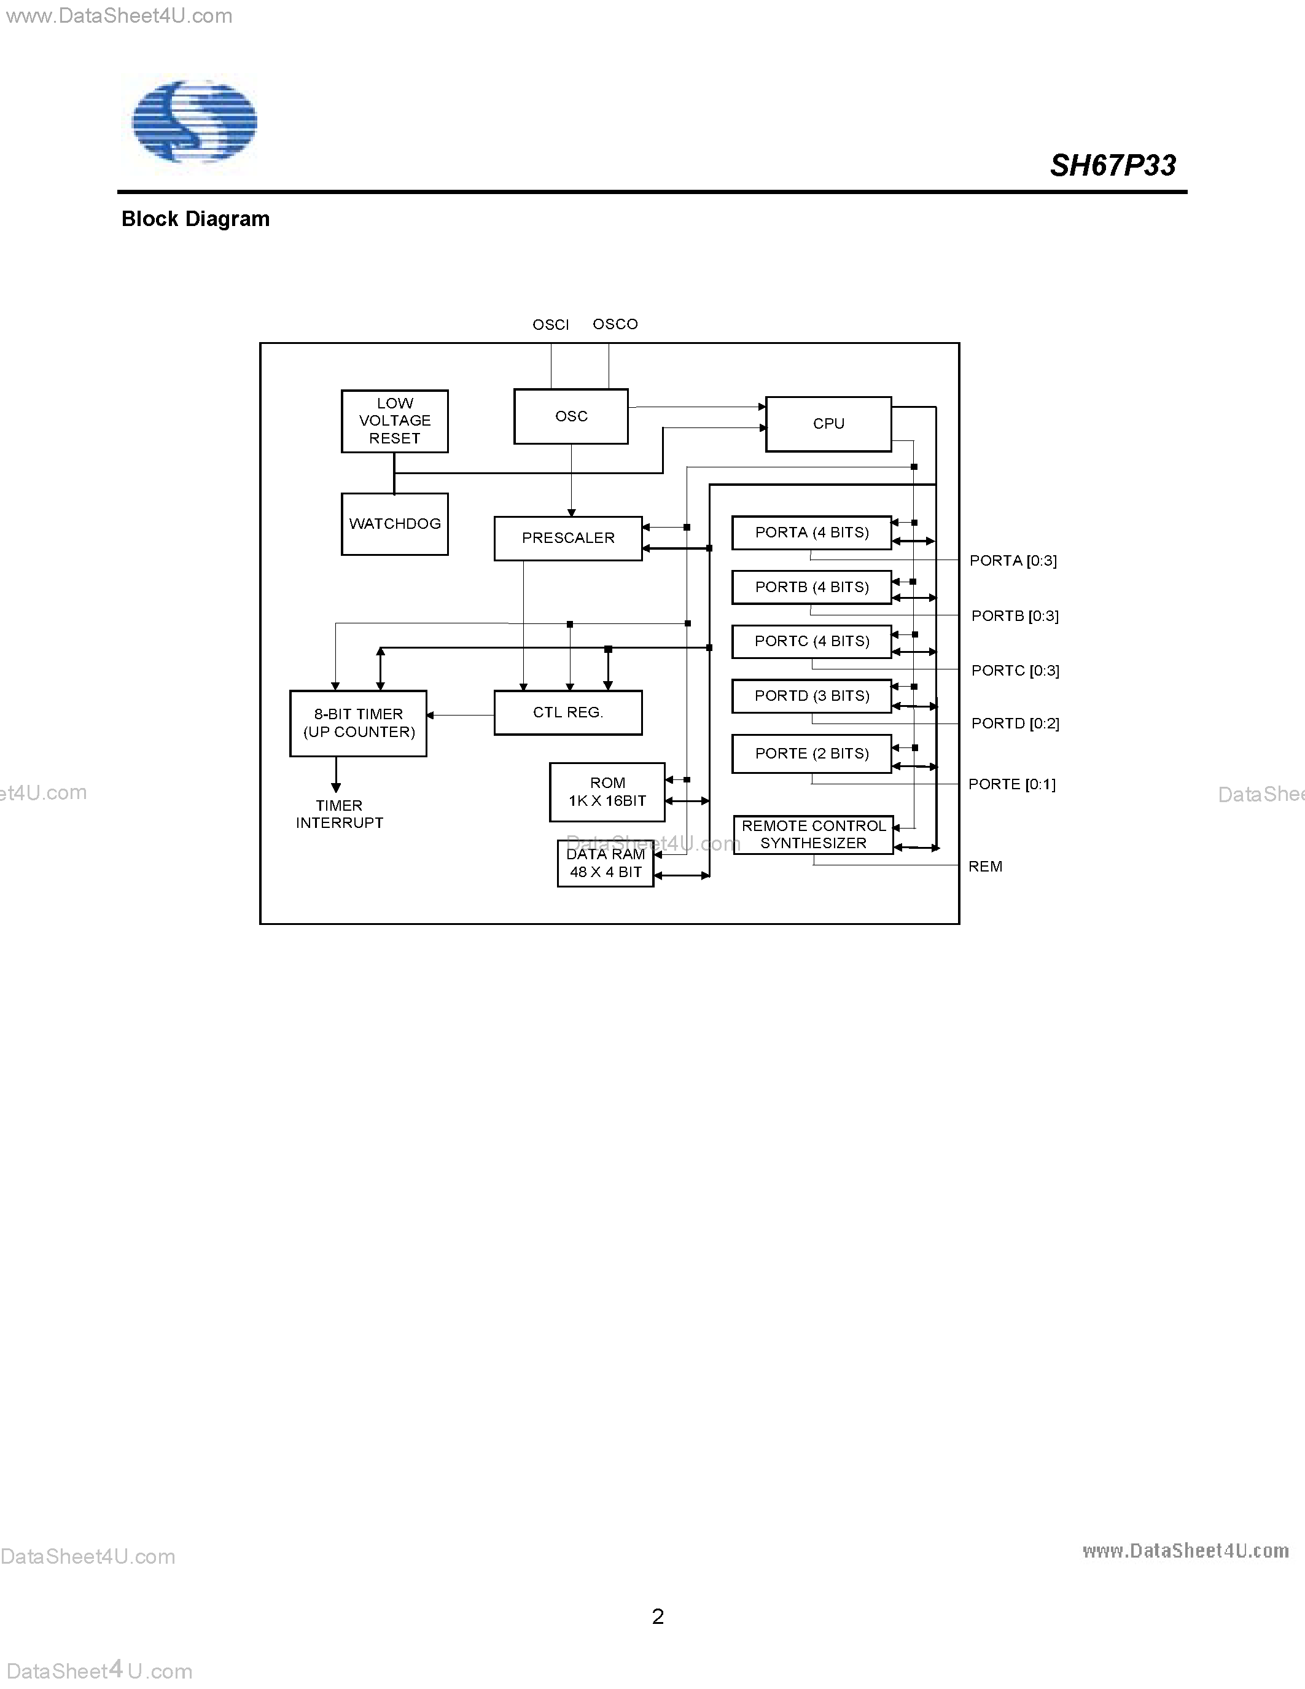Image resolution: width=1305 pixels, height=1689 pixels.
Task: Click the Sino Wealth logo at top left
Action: click(193, 122)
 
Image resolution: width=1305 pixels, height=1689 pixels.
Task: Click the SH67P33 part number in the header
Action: click(1113, 165)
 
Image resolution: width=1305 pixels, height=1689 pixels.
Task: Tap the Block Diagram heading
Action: click(195, 220)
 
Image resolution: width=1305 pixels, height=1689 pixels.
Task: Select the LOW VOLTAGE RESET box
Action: click(394, 421)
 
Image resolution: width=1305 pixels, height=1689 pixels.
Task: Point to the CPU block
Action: click(828, 424)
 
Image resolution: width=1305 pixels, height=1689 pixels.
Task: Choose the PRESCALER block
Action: click(567, 538)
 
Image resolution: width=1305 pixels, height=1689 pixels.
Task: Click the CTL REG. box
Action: click(567, 712)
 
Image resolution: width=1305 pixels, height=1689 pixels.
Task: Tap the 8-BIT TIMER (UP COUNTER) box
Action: click(358, 723)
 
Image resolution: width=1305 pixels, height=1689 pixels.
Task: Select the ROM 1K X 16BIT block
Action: click(607, 792)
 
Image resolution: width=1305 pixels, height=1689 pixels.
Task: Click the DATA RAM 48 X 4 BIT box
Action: click(606, 863)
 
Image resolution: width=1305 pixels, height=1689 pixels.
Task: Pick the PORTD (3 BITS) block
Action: click(811, 696)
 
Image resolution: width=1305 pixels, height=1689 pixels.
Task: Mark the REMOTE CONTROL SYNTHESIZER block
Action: click(812, 835)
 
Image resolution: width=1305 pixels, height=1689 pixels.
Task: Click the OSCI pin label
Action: click(550, 325)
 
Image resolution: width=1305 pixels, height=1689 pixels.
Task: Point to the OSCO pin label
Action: click(615, 324)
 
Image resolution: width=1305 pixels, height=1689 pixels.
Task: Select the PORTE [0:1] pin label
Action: click(1011, 784)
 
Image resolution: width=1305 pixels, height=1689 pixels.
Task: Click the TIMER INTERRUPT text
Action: click(340, 814)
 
